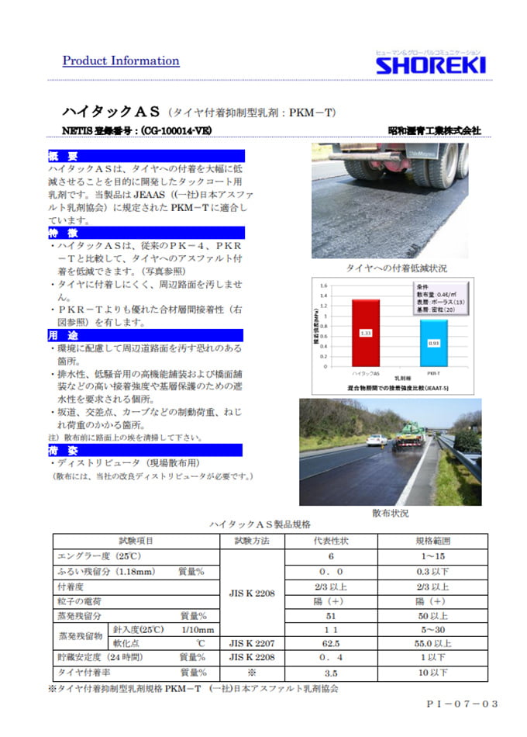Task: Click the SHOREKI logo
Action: click(430, 64)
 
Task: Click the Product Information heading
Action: click(120, 61)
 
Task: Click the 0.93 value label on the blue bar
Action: click(435, 343)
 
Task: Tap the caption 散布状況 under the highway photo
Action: click(390, 514)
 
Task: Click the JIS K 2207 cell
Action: click(251, 643)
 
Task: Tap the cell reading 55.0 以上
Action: click(433, 643)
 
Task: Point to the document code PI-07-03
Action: click(462, 704)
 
